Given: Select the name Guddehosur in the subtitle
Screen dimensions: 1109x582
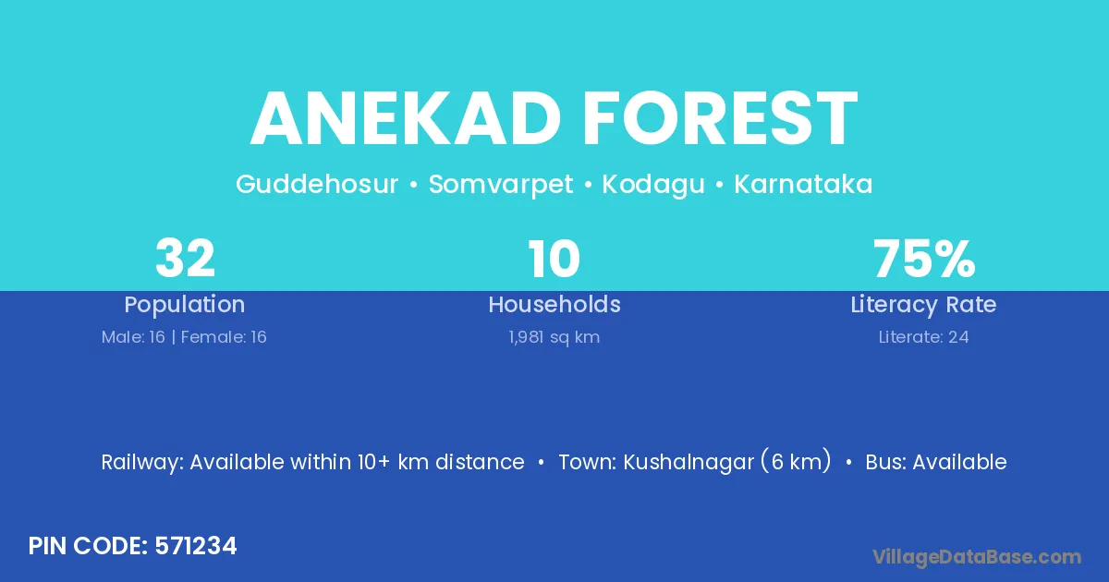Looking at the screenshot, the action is click(317, 184).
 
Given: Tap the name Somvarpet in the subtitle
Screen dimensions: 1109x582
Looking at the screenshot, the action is click(501, 185).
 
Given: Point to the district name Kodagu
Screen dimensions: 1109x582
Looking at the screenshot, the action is click(653, 185).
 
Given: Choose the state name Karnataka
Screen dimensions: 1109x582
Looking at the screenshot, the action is click(803, 184).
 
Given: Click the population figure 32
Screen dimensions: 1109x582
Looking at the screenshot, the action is click(185, 258).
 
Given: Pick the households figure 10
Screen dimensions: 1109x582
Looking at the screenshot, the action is click(554, 259).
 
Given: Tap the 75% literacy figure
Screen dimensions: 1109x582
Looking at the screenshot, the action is click(924, 259).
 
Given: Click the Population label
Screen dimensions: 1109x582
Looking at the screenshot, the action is click(185, 305).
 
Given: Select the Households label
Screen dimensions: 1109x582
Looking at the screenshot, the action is click(554, 304).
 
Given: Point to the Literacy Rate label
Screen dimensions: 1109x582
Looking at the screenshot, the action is click(923, 305).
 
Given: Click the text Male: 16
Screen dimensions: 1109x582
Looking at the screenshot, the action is click(133, 337).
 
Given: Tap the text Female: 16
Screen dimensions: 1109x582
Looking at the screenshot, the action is click(224, 337).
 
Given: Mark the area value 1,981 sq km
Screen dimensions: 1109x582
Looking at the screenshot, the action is click(554, 337).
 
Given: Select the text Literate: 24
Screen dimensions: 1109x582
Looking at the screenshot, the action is click(924, 337).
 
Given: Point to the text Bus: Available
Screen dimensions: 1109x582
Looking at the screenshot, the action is click(935, 462).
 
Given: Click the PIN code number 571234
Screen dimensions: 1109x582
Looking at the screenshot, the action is click(196, 546).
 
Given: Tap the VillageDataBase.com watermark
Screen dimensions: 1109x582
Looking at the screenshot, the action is click(977, 557).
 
